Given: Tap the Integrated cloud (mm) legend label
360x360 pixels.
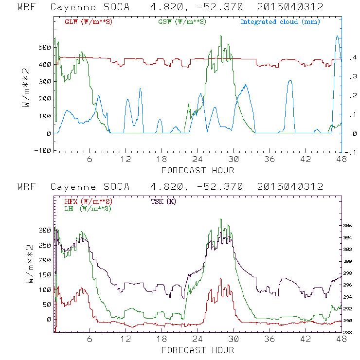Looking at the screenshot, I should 280,22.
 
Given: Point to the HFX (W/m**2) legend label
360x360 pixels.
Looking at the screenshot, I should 88,201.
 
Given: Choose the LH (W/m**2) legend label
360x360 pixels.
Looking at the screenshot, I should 88,208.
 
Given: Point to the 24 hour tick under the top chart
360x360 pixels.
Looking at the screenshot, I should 198,160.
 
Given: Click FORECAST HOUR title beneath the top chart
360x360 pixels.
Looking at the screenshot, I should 198,170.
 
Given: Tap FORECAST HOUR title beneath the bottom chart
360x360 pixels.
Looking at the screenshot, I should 198,350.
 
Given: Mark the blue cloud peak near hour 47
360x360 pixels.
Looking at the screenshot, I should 337,36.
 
